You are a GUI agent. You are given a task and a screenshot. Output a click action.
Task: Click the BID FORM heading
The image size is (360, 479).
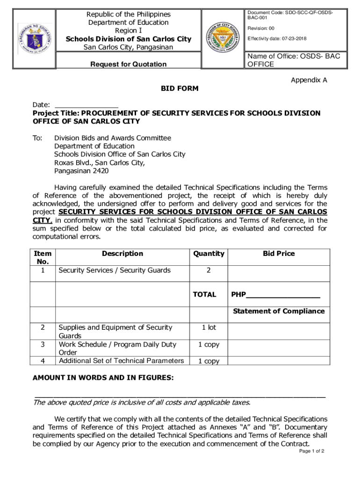(180, 88)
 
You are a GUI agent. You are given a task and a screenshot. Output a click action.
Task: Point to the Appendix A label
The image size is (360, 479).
(309, 80)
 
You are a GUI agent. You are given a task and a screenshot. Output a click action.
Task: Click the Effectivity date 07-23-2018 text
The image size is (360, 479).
(277, 38)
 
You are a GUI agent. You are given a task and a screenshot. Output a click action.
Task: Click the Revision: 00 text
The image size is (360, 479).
(261, 29)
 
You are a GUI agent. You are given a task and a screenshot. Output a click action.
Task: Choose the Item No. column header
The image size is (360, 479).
(43, 258)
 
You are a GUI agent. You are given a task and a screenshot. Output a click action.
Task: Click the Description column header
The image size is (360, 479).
(122, 254)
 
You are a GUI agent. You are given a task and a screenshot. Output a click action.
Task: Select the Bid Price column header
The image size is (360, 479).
(279, 254)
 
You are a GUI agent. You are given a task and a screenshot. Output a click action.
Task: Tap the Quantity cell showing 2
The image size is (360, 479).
(208, 270)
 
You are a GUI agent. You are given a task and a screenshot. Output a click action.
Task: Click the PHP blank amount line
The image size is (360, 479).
(282, 295)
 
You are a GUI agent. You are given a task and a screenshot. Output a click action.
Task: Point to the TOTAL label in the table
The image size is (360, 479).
(204, 295)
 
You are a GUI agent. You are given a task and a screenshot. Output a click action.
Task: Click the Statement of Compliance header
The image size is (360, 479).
(279, 311)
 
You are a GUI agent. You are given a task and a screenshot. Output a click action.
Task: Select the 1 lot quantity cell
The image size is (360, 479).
(208, 327)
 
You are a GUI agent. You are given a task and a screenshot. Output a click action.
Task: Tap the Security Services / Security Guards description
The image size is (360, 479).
(115, 270)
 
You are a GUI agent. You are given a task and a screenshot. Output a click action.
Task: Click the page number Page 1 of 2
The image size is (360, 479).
(311, 451)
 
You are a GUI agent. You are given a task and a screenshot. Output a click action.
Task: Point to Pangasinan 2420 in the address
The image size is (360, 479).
(81, 171)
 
